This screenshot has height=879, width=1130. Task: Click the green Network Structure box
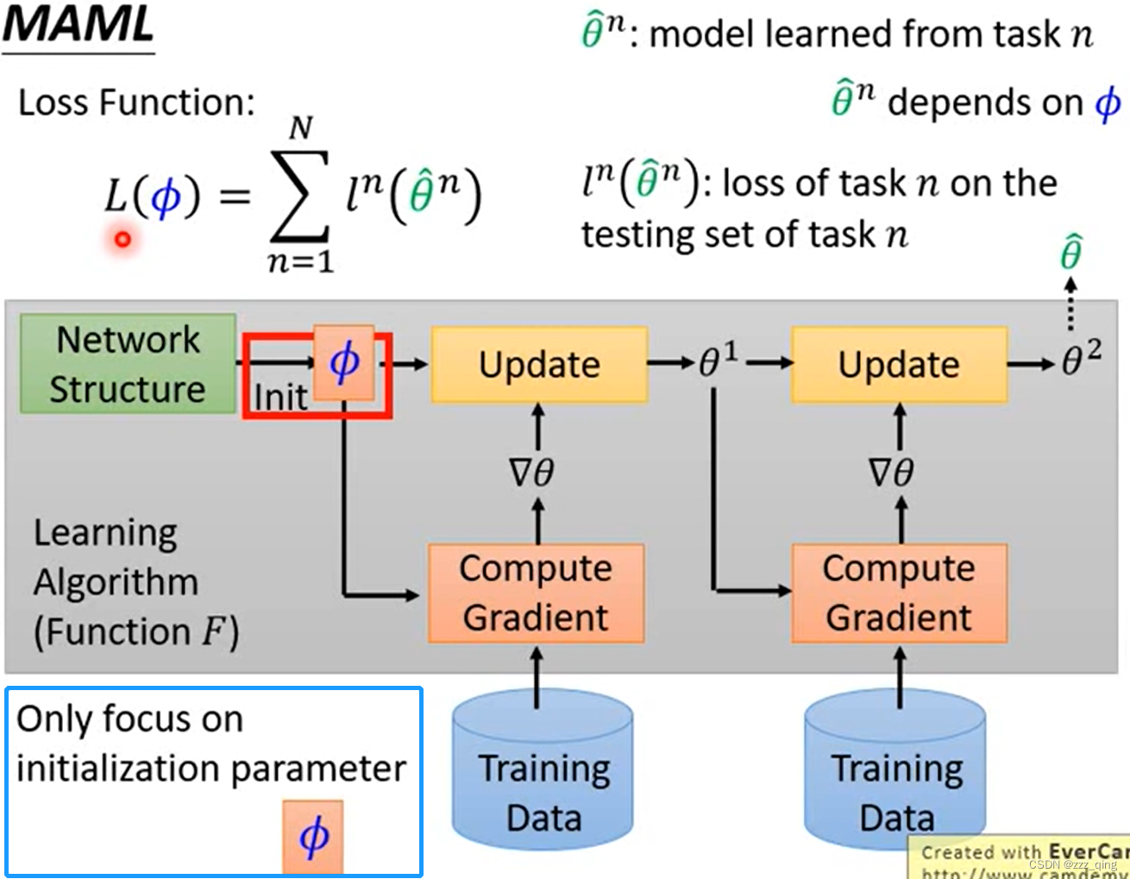tap(128, 364)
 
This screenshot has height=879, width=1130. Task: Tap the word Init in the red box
tap(279, 398)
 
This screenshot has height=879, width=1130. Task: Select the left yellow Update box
tap(539, 364)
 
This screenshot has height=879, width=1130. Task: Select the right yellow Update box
tap(899, 364)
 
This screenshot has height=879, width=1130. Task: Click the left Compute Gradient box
tap(536, 593)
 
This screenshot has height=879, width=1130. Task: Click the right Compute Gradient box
tap(899, 593)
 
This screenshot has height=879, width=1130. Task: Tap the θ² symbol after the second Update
tap(1081, 358)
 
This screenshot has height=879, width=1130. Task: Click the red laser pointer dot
tap(122, 239)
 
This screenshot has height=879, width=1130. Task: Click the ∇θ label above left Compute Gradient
tap(531, 473)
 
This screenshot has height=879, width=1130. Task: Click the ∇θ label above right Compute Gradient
tap(891, 473)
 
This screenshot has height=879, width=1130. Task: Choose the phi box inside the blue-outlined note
tap(313, 837)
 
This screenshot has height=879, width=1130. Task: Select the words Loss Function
tap(136, 103)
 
